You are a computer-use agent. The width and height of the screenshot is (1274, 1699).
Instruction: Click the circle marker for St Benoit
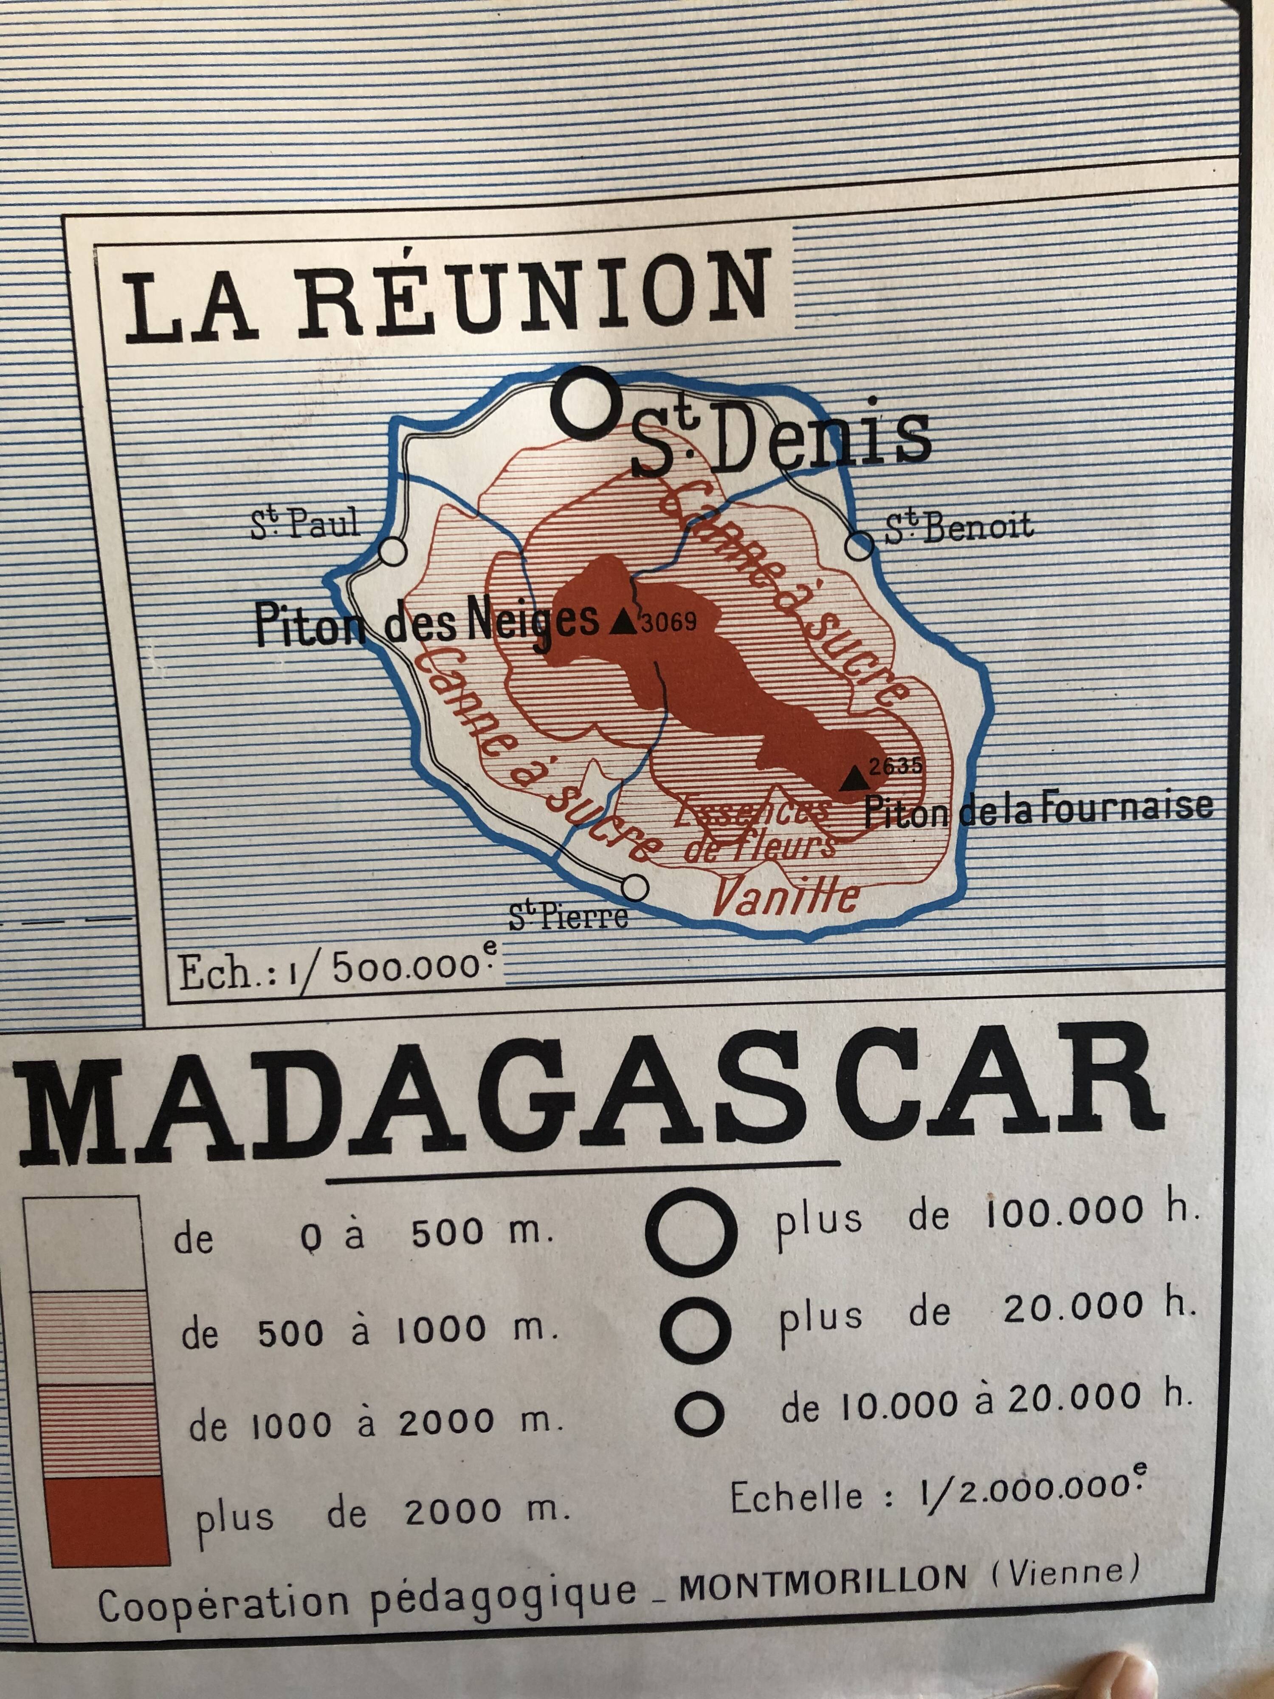click(860, 547)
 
